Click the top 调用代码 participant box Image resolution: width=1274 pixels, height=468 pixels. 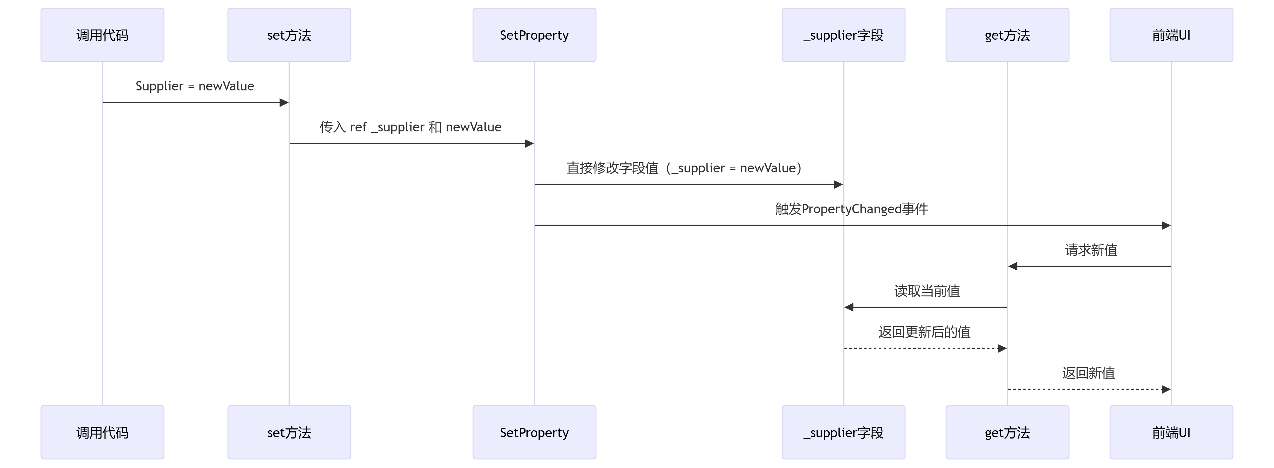(102, 35)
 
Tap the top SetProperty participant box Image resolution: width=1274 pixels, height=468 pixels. (534, 35)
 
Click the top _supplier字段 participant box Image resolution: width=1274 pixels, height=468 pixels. (843, 35)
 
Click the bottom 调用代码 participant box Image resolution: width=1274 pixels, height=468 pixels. (102, 432)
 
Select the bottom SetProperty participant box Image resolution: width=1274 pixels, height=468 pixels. (534, 432)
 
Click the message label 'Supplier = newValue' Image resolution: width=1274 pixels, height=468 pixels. (195, 86)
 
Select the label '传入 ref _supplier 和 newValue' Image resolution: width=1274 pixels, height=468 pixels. (410, 127)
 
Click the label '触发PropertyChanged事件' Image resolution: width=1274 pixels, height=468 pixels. (851, 209)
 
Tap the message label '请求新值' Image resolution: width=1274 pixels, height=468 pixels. (1091, 250)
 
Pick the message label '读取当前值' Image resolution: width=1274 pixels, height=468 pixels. (927, 291)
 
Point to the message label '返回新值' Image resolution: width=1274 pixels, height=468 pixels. (1088, 373)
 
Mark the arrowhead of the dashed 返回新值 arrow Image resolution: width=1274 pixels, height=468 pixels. (1166, 389)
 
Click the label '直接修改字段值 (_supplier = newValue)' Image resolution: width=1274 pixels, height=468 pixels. (684, 168)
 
